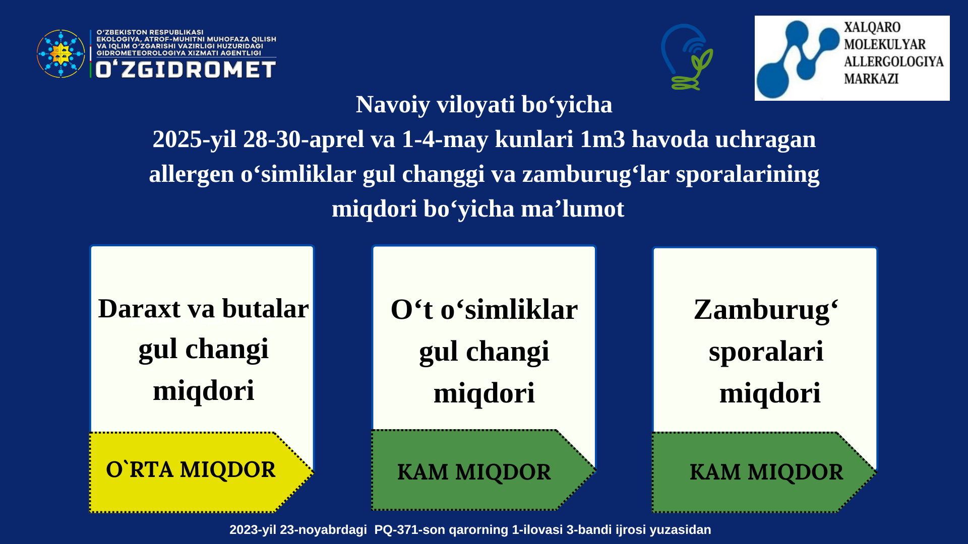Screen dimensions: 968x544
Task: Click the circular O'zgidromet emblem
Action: tap(61, 53)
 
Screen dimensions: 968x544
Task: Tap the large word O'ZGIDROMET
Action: tap(186, 70)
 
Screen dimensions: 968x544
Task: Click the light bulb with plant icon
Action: tap(687, 57)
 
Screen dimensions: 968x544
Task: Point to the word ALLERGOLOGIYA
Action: tap(893, 61)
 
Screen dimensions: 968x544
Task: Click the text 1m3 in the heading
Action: tap(602, 139)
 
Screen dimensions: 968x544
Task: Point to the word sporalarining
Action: tap(748, 174)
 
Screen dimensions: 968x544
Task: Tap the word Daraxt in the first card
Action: tap(139, 308)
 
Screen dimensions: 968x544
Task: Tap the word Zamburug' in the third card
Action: tap(766, 310)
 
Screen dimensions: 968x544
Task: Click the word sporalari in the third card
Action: tap(766, 352)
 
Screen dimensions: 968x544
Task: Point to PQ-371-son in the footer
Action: tap(409, 530)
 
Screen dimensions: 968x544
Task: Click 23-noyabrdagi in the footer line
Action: tap(324, 530)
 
